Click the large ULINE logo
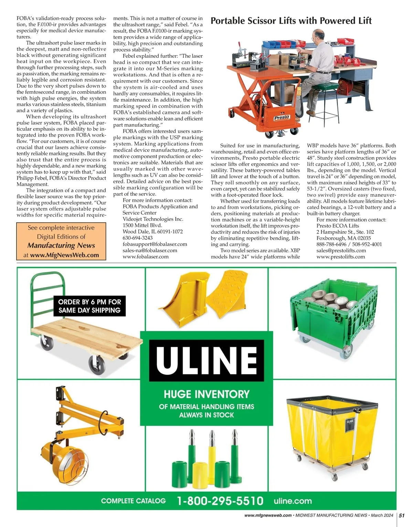[206, 360]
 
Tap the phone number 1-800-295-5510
[220, 500]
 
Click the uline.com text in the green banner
[293, 501]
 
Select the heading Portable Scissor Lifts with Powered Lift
[291, 21]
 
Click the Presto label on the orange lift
[282, 117]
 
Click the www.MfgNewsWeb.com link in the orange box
[64, 255]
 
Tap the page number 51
[402, 515]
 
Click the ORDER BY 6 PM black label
[89, 306]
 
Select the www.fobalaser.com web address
[146, 256]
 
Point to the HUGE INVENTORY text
[206, 394]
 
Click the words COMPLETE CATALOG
[133, 501]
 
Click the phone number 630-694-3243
[138, 238]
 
